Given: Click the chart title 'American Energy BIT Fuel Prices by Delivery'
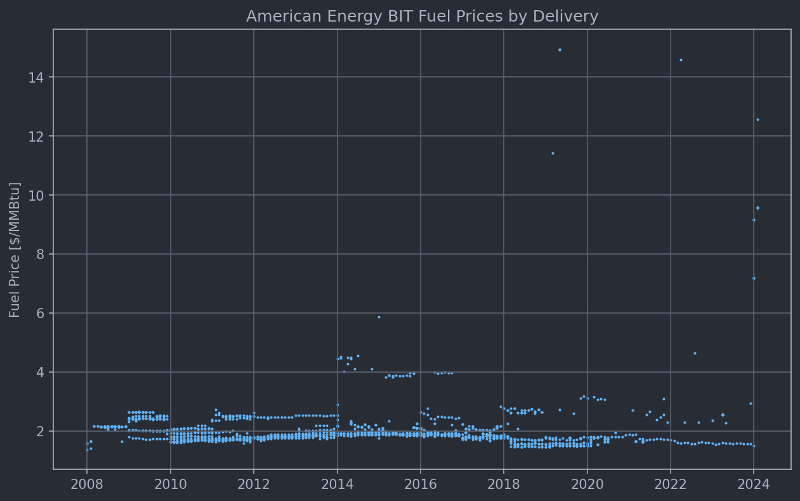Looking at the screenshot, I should (x=422, y=17).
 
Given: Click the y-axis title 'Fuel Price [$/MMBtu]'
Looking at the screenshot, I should (x=15, y=250).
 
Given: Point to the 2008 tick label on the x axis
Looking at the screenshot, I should (x=87, y=485).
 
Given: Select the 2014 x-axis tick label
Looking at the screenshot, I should (x=337, y=485).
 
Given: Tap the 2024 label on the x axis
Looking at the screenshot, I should (x=754, y=485).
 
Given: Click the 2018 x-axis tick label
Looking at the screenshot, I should (x=504, y=485).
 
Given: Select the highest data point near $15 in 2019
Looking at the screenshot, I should (x=560, y=50).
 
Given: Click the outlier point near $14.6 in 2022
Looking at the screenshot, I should (x=681, y=60).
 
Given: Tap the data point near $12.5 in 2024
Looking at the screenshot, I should (x=757, y=119).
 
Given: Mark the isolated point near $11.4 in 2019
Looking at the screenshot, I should (x=552, y=153).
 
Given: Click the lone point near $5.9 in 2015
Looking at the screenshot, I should (x=379, y=317).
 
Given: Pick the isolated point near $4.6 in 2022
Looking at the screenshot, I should (x=694, y=353).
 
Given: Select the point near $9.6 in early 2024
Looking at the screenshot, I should (x=757, y=208).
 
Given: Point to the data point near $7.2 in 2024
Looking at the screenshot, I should (x=754, y=278).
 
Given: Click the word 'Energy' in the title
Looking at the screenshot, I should (x=343, y=17).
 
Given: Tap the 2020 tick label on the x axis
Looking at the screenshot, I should (x=587, y=485).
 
